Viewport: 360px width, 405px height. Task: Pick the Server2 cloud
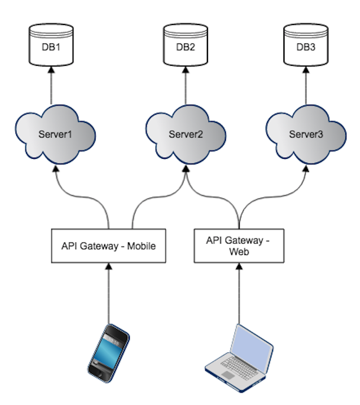tap(185, 134)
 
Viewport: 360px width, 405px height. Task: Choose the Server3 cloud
tap(305, 134)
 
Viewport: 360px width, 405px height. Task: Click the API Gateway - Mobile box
tap(108, 246)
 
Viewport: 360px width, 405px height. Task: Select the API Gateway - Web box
tap(238, 246)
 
